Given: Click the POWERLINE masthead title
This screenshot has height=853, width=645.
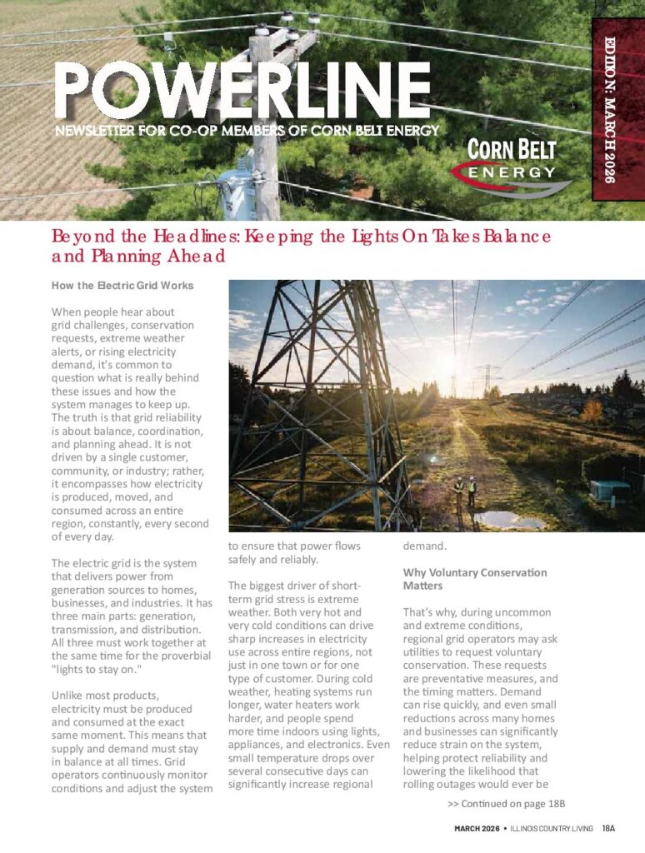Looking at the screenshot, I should point(242,90).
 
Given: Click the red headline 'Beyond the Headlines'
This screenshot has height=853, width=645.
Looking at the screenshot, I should point(301,246).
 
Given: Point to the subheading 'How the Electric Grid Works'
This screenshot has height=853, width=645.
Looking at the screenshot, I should point(122,286).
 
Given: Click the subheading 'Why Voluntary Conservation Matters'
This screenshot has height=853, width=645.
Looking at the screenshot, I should point(475,579).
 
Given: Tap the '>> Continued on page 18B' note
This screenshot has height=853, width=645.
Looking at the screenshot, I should point(506,804).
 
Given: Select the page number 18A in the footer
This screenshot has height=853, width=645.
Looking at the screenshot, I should point(608,828).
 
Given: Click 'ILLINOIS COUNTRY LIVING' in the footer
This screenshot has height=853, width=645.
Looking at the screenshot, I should point(551,828).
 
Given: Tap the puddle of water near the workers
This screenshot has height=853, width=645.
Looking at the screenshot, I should point(507,520).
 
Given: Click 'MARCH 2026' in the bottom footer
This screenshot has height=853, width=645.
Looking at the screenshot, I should point(477,828).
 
